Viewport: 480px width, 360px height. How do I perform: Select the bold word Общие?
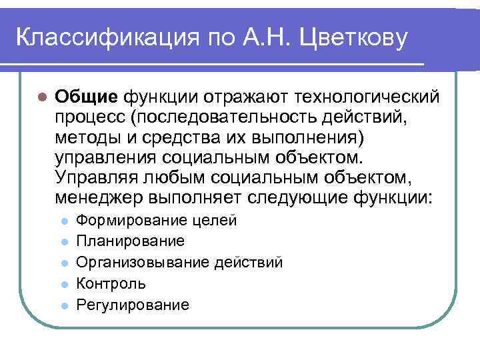click(x=86, y=97)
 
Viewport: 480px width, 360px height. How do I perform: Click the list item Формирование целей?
click(x=157, y=221)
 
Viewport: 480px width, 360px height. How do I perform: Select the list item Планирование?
click(x=131, y=241)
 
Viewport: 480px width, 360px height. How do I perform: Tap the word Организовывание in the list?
click(x=144, y=262)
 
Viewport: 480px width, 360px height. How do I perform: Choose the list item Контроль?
click(x=111, y=283)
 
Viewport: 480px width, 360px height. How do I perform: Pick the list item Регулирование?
click(x=133, y=305)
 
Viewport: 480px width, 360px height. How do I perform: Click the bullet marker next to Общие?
click(x=41, y=97)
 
